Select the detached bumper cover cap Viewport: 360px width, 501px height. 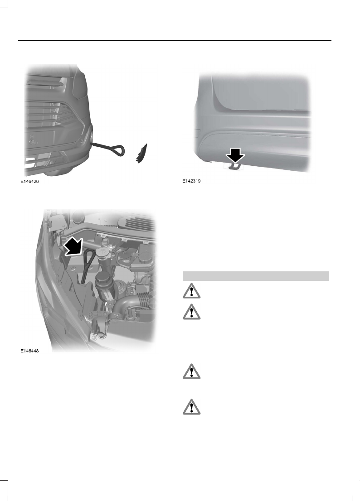coord(142,152)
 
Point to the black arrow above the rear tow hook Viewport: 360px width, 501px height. coord(235,156)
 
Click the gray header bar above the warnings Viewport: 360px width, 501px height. coord(255,275)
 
